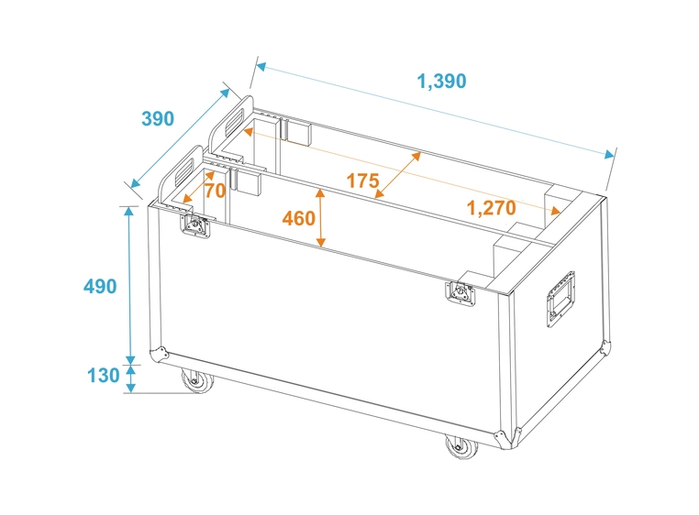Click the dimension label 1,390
pyautogui.click(x=441, y=81)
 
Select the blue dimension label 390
pyautogui.click(x=157, y=119)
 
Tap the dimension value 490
pyautogui.click(x=100, y=287)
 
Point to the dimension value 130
pyautogui.click(x=102, y=376)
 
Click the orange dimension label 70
pyautogui.click(x=215, y=191)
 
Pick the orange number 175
pyautogui.click(x=362, y=181)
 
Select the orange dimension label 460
pyautogui.click(x=299, y=218)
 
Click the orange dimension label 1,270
pyautogui.click(x=491, y=207)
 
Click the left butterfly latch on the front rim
pyautogui.click(x=196, y=226)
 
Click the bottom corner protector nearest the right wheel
pyautogui.click(x=503, y=436)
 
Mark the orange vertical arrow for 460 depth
pyautogui.click(x=320, y=218)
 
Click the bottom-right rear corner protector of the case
pyautogui.click(x=603, y=346)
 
